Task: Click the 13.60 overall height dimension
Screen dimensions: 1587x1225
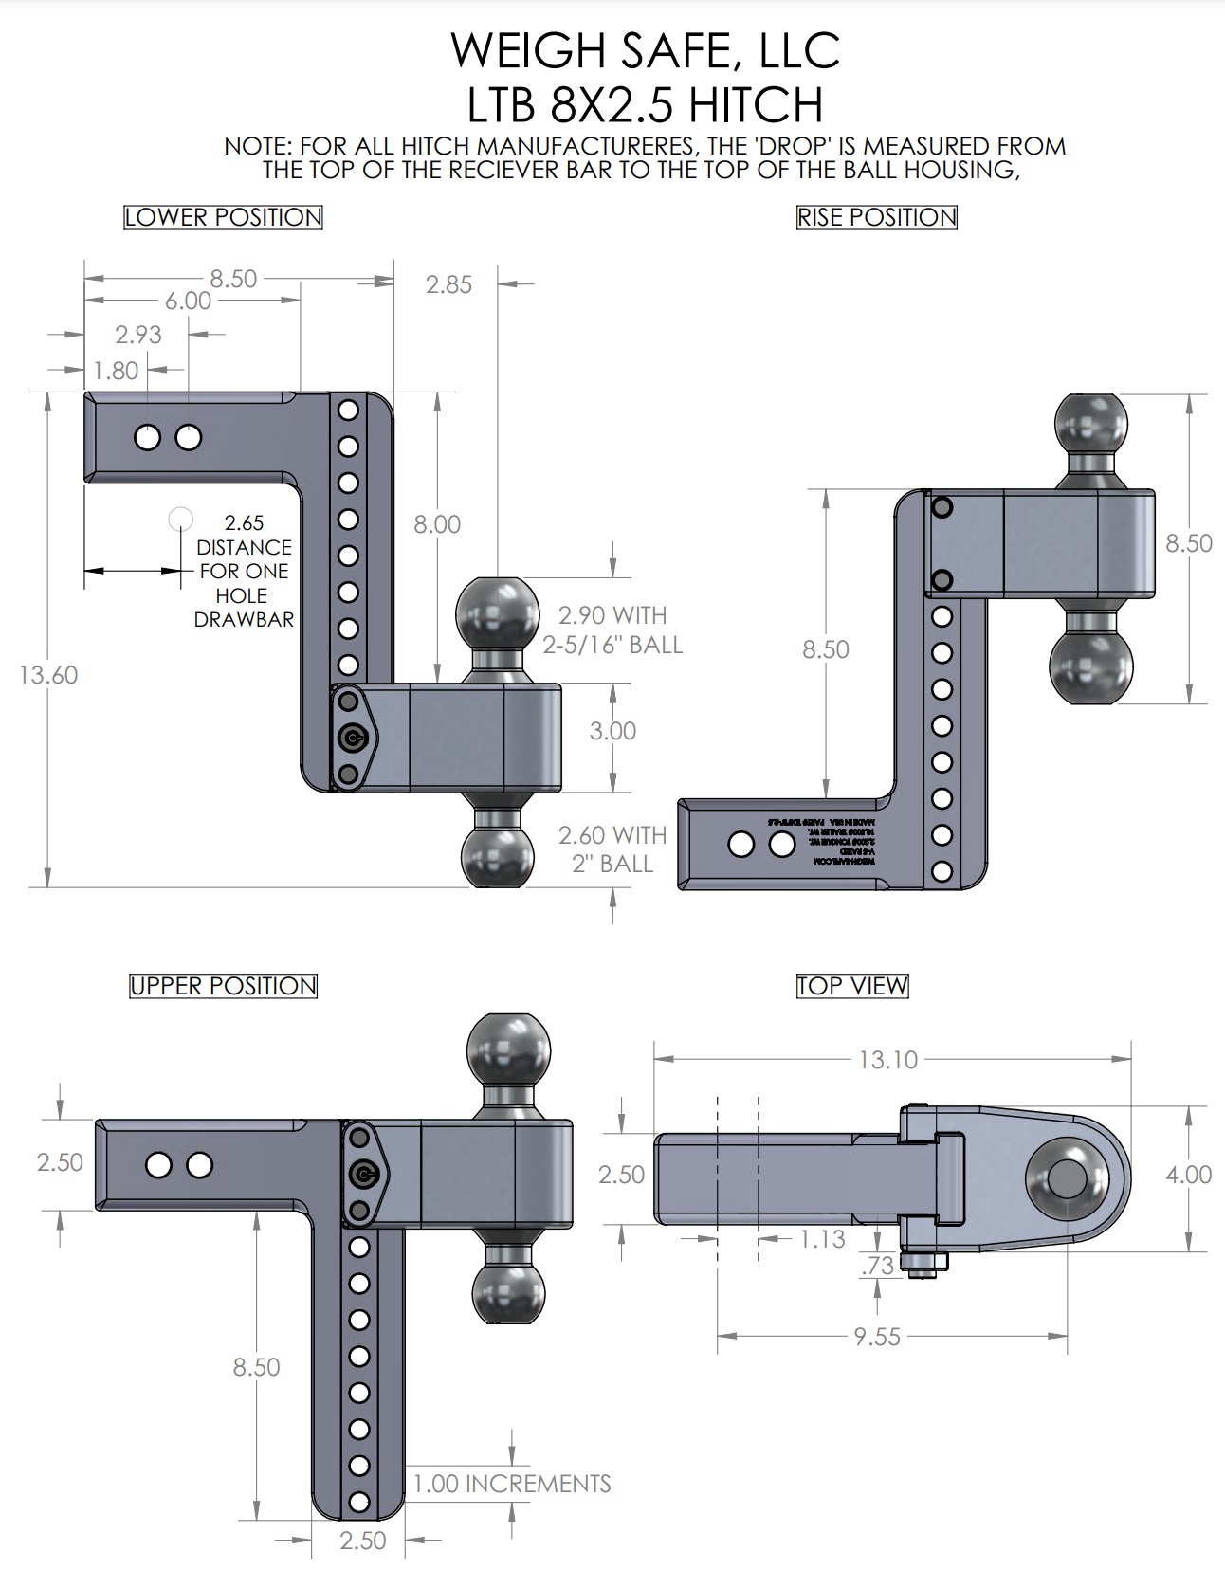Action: tap(48, 675)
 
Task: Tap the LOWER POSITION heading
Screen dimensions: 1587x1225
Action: tap(223, 217)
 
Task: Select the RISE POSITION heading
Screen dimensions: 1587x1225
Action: tap(876, 217)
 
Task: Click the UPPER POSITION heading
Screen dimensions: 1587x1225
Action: tap(223, 986)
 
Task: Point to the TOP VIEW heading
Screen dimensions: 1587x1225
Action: tap(851, 986)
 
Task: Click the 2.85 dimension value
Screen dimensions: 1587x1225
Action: tap(448, 284)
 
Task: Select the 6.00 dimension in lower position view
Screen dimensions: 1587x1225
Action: tap(188, 301)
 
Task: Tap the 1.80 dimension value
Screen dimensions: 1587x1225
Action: tap(116, 371)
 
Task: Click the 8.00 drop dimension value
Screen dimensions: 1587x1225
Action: tap(437, 524)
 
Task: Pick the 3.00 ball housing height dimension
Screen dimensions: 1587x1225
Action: tap(612, 731)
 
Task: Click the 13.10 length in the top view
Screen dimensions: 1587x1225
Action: tap(887, 1059)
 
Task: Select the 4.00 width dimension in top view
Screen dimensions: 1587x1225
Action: tap(1188, 1175)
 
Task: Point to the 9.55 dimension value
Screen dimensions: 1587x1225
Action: tap(876, 1337)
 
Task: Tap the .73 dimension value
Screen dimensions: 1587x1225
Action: tap(877, 1266)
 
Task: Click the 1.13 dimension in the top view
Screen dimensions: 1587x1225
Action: tap(821, 1239)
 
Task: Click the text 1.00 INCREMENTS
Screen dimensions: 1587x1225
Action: tap(512, 1484)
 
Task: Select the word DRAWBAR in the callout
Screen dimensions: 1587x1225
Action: tap(244, 620)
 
